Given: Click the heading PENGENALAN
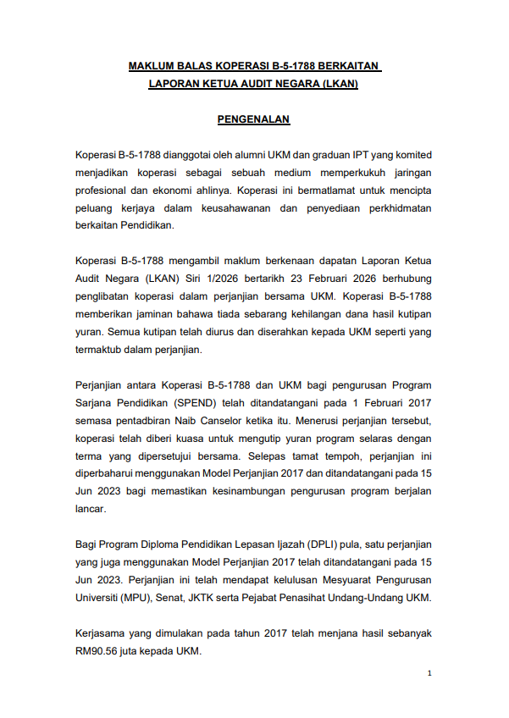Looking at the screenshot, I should [254, 119].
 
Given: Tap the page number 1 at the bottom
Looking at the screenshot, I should [430, 673].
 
